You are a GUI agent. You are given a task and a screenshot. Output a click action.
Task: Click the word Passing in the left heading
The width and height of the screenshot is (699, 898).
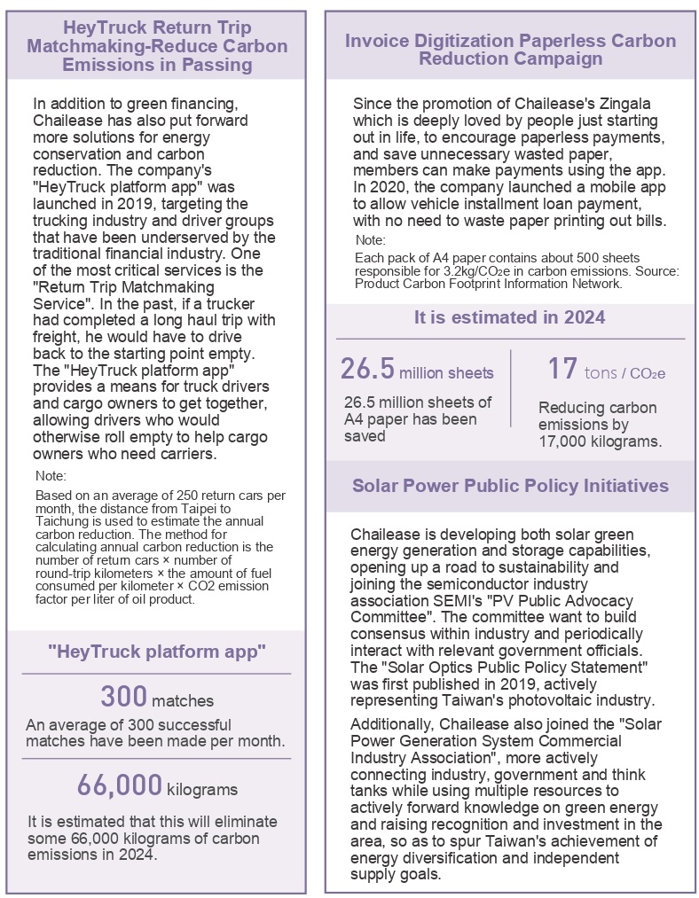(220, 65)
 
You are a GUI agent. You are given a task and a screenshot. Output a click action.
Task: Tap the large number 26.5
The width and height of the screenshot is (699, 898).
(368, 370)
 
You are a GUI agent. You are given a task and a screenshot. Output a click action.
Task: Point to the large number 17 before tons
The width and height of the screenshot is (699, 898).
(562, 369)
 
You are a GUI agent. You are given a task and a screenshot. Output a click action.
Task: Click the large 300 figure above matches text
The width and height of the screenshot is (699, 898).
(123, 697)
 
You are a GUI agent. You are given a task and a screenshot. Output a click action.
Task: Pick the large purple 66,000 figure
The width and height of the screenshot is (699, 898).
(118, 785)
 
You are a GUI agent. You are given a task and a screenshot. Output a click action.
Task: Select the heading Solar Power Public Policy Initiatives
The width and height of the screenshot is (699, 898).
(510, 486)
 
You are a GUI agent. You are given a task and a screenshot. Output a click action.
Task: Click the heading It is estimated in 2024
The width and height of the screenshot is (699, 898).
(510, 318)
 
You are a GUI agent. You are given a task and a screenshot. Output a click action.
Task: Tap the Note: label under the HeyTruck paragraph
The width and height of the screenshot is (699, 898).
(51, 476)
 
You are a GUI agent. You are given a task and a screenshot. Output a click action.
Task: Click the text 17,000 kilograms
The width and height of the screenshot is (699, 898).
(600, 441)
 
